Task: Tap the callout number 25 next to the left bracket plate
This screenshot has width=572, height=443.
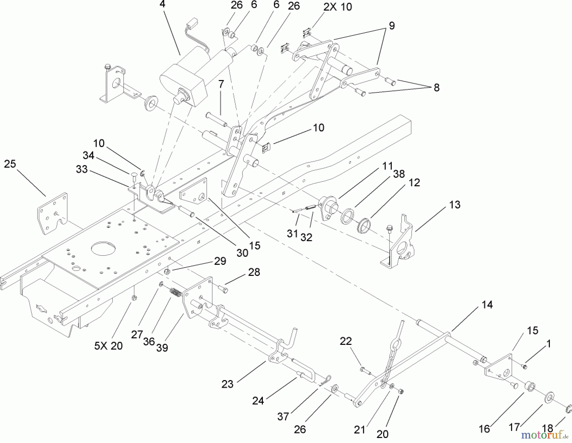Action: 10,164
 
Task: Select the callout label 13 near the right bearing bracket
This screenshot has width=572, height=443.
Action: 455,205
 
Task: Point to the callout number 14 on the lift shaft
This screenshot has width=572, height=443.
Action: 487,305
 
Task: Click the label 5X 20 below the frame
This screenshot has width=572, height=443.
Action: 108,346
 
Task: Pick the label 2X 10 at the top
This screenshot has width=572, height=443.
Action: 337,7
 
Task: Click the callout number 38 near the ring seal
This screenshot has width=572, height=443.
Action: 399,174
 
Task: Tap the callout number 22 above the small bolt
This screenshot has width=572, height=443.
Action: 346,341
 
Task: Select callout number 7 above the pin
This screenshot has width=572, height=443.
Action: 221,85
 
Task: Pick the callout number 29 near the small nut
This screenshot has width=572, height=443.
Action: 220,261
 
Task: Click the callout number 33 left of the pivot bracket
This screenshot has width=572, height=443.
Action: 82,169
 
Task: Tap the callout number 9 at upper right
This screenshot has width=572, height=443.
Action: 392,26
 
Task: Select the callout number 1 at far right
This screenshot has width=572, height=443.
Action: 548,344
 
